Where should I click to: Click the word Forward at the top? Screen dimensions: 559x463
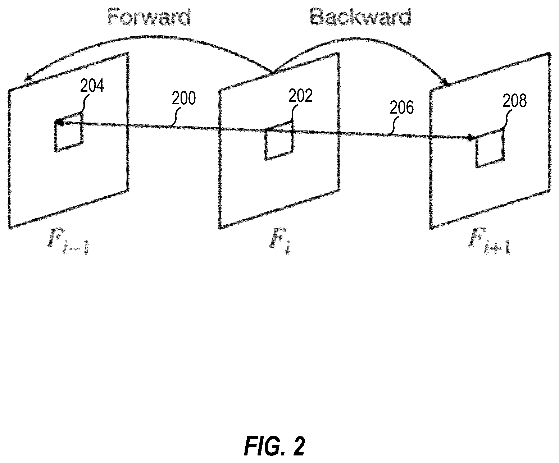[x=149, y=17]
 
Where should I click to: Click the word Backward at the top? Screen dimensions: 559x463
[x=360, y=17]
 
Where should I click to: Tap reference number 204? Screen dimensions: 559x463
[x=92, y=86]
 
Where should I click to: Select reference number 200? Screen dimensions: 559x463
[x=184, y=98]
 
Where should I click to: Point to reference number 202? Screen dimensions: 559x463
[x=300, y=96]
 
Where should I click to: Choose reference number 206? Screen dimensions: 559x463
[x=401, y=107]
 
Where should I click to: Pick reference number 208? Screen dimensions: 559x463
[x=514, y=101]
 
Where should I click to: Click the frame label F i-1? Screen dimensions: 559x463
[x=68, y=241]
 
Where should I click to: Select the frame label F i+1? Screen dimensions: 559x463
[x=489, y=241]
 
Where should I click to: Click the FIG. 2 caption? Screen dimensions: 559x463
[x=274, y=446]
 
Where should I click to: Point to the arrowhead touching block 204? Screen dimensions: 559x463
[x=59, y=123]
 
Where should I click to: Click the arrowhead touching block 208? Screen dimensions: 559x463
[x=472, y=138]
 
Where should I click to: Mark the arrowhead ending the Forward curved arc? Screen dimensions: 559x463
[x=28, y=78]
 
